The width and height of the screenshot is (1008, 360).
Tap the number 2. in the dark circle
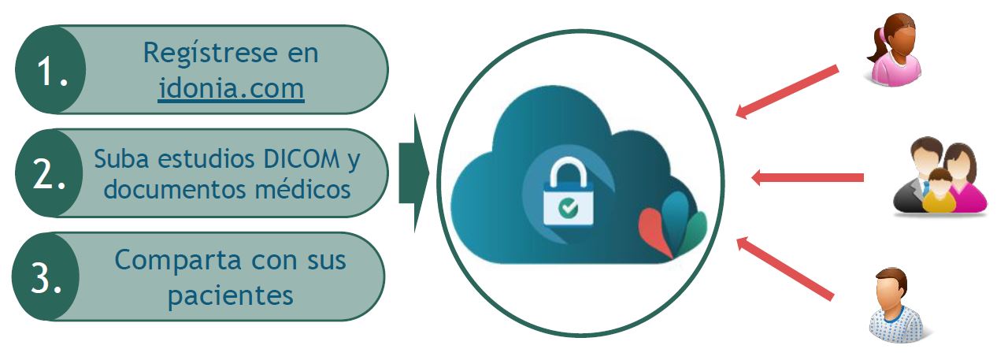coord(49,174)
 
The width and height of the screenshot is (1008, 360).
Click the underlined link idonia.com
coord(231,88)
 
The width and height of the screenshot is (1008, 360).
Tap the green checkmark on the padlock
coord(566,207)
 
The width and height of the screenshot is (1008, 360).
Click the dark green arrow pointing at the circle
coord(413,173)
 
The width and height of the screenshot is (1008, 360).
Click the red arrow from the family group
coord(807,177)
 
